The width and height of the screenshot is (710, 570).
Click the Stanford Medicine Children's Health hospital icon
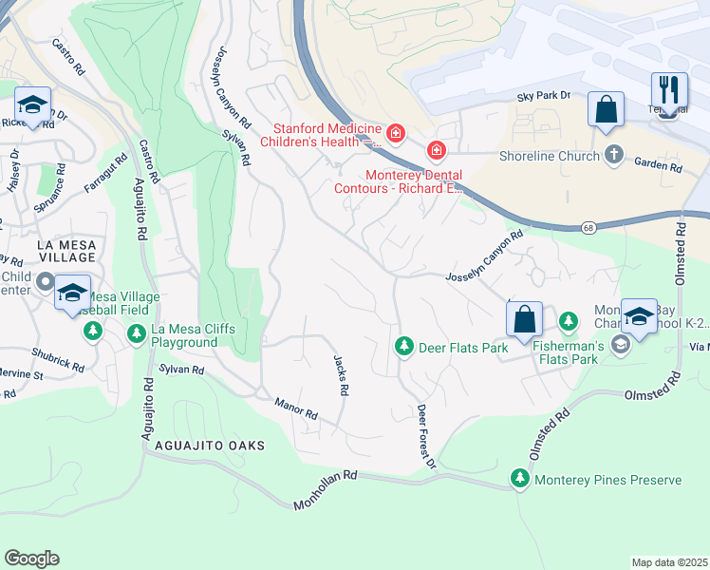point(395,136)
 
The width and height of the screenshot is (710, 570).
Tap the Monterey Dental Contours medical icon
point(436,150)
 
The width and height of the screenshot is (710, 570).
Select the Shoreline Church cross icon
point(614,156)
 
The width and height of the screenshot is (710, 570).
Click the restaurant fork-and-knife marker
point(669,91)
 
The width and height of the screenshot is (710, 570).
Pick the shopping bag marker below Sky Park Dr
point(606,109)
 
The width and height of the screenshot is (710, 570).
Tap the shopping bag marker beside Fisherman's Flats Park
point(524,320)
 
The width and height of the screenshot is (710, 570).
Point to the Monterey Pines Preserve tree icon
point(519,480)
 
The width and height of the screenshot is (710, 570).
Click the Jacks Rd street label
point(341,375)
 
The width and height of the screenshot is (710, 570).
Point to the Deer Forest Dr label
point(425,436)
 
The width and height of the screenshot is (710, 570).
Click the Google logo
point(31,559)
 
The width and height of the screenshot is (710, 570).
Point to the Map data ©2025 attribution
point(668,562)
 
